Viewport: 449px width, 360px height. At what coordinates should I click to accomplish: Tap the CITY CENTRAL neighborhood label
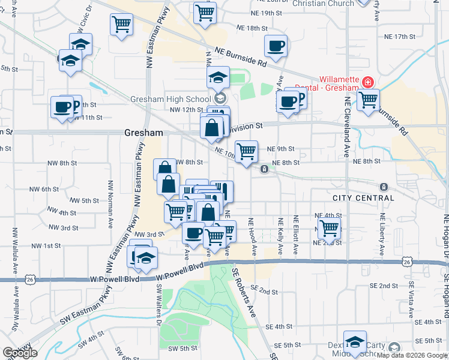pyautogui.click(x=363, y=198)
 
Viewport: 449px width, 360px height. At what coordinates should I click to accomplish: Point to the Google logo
pyautogui.click(x=20, y=353)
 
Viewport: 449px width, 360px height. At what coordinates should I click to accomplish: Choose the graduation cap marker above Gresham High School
pyautogui.click(x=218, y=77)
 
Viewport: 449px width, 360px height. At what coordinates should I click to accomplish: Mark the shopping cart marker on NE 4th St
pyautogui.click(x=329, y=228)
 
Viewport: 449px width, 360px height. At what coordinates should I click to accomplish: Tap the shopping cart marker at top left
pyautogui.click(x=121, y=25)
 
